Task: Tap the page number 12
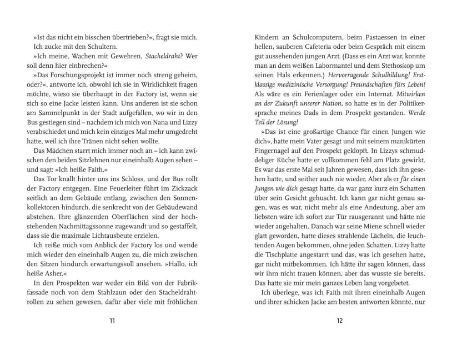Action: coord(340,321)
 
